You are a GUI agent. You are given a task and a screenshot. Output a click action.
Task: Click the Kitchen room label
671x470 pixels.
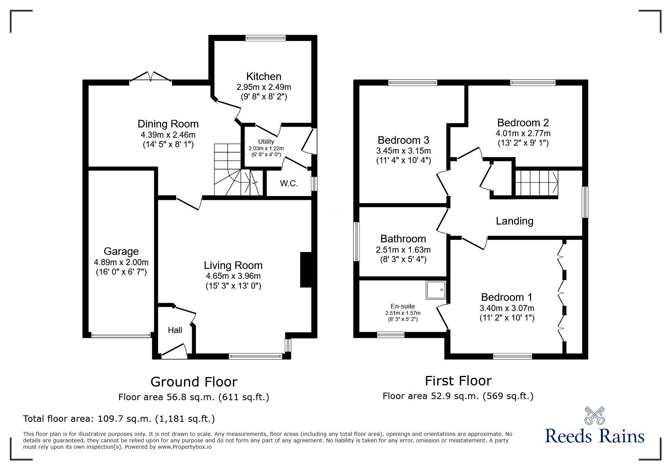(264, 76)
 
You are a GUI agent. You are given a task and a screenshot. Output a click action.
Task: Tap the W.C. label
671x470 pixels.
(289, 184)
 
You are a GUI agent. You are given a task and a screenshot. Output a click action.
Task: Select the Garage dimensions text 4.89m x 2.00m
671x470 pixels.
(121, 262)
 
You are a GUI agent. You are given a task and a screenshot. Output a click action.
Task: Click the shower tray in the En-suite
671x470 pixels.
(436, 290)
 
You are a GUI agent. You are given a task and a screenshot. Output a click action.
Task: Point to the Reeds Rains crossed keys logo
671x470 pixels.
(594, 416)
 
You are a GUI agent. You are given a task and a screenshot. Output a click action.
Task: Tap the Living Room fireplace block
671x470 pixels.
(306, 270)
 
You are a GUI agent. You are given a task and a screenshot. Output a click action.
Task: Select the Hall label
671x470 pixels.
(175, 330)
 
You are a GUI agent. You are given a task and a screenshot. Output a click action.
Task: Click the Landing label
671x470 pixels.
(514, 221)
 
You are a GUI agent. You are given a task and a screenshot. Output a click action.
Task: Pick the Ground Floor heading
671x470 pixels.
(194, 382)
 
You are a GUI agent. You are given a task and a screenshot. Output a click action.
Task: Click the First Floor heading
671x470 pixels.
(458, 380)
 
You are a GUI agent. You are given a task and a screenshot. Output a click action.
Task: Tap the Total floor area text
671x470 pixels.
(119, 419)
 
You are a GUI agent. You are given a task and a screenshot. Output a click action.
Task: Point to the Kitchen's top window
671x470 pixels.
(265, 38)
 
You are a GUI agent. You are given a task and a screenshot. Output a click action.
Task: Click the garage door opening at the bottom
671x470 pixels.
(121, 335)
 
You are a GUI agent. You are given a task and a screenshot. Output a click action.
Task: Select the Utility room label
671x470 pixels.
(266, 141)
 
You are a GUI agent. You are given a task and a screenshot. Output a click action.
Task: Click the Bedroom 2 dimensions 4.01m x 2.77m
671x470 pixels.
(523, 134)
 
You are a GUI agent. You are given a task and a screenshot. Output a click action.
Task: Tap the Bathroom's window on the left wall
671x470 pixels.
(357, 242)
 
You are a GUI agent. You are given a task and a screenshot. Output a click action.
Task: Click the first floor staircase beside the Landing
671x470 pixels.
(536, 183)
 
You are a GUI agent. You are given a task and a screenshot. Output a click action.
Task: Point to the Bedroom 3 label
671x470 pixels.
(403, 140)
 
